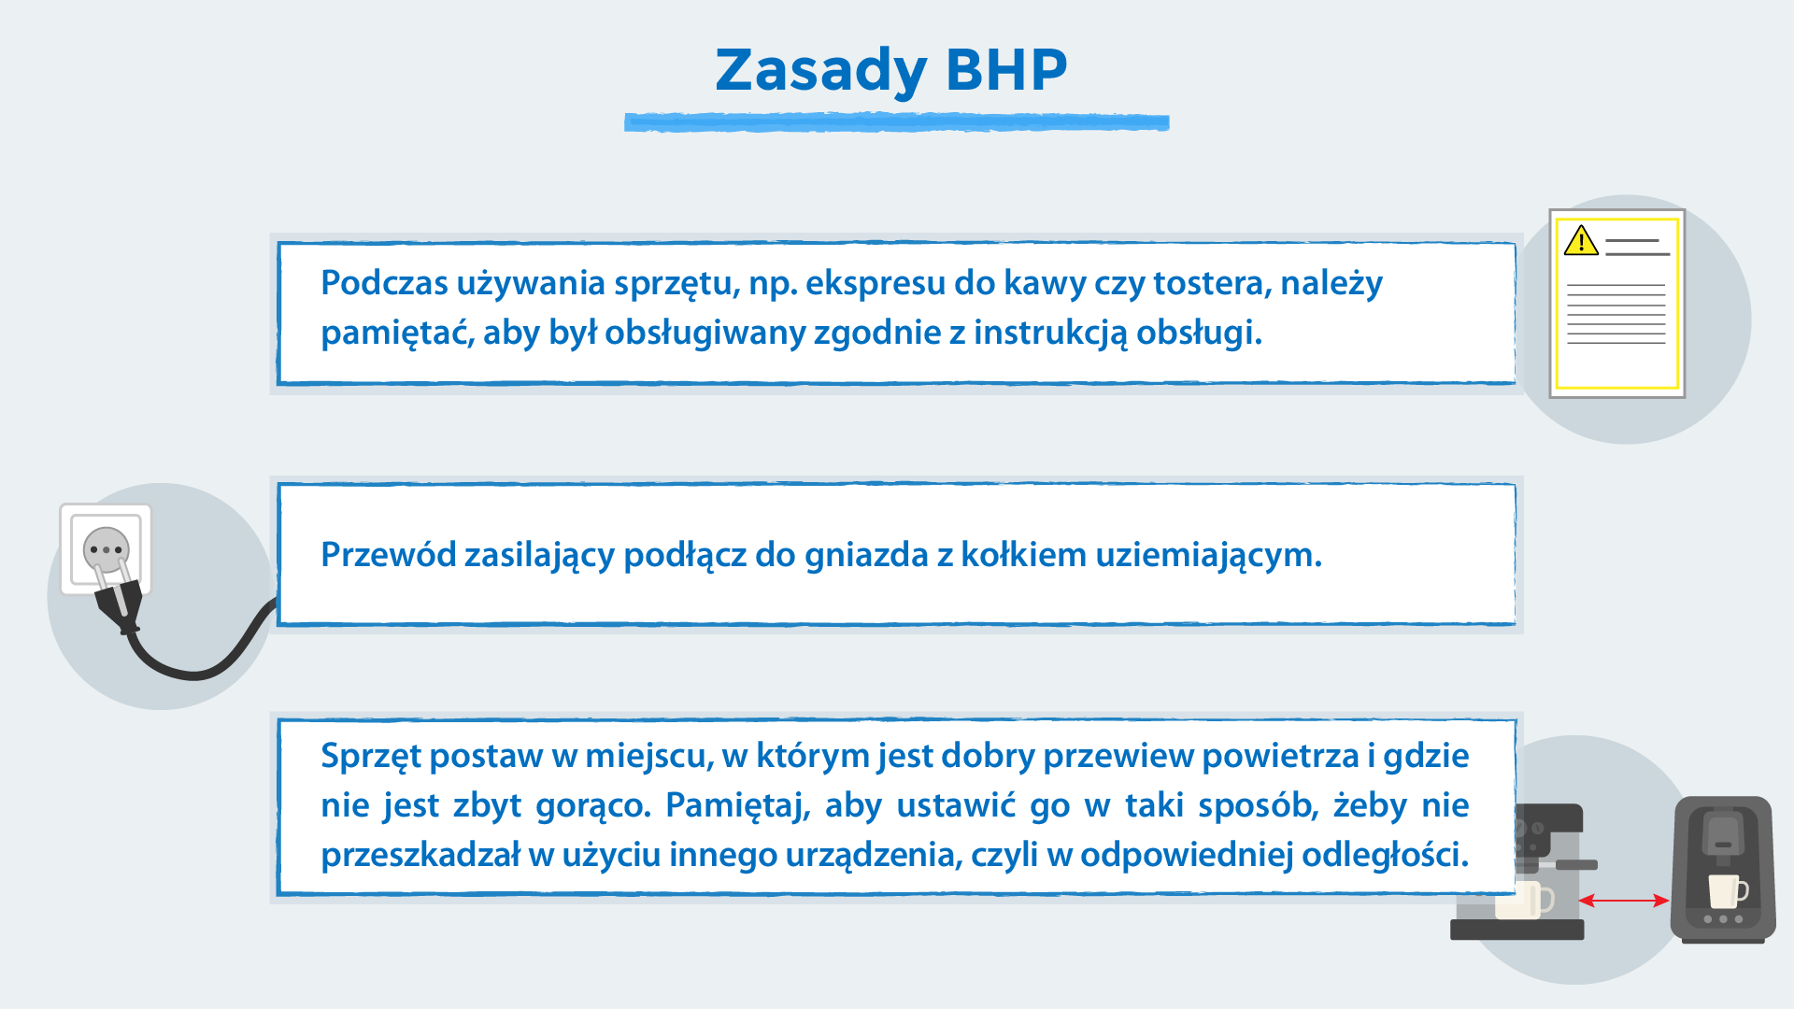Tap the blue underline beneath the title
896,122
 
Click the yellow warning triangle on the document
1581,241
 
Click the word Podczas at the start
383,283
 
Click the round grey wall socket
106,549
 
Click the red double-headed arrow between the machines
1624,901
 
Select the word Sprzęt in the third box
370,756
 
